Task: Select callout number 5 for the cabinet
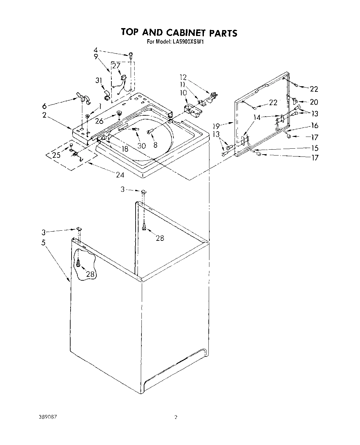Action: (x=43, y=242)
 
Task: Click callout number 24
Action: (x=120, y=175)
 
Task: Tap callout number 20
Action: (x=314, y=102)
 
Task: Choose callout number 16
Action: (x=314, y=125)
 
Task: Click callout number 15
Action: (x=314, y=148)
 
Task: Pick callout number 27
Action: (x=116, y=66)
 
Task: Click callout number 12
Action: (x=183, y=77)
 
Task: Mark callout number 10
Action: (x=183, y=93)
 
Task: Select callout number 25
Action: (x=56, y=155)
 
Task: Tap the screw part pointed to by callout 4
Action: (x=131, y=55)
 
